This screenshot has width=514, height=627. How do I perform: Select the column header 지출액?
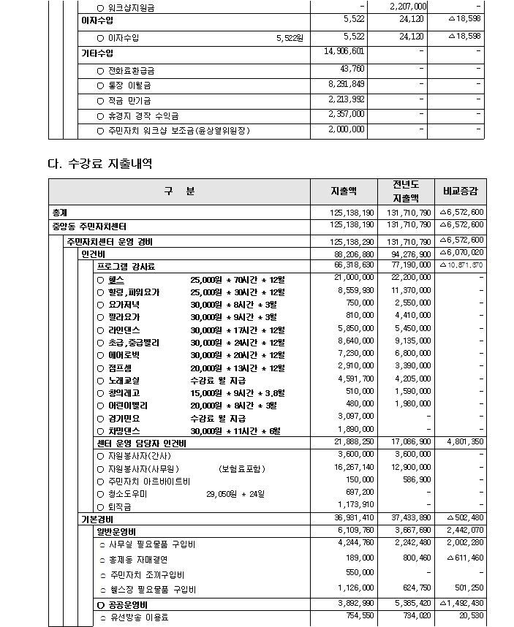[343, 191]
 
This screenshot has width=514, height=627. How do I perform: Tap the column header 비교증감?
[460, 191]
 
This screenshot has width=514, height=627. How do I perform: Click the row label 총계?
[60, 212]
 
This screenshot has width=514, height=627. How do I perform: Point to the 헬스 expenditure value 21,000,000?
[355, 278]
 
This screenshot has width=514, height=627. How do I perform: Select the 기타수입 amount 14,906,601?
[344, 51]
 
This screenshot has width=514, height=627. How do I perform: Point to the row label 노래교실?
[124, 380]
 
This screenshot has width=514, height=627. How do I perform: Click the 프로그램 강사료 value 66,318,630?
[355, 265]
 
